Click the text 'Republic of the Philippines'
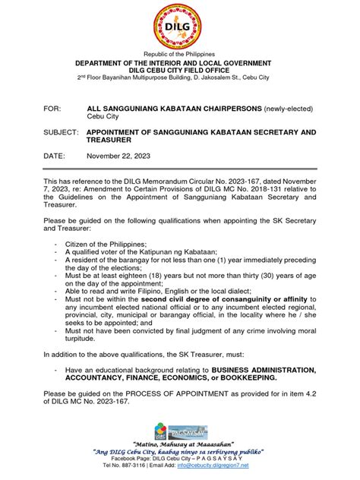tap(179, 55)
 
